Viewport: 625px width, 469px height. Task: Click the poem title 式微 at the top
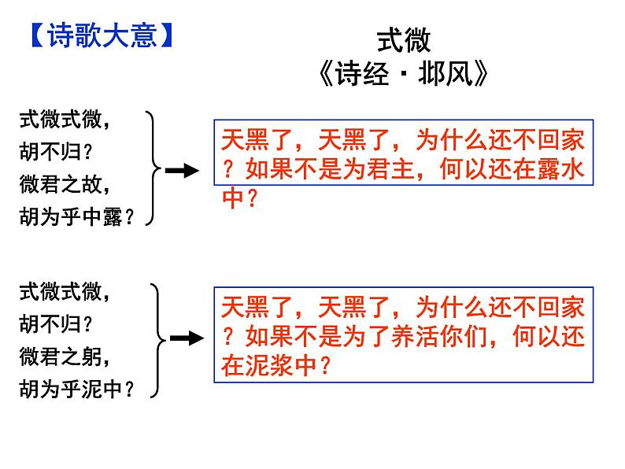[404, 41]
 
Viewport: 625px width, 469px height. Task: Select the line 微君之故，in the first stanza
[65, 186]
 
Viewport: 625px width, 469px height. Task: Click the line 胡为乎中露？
[76, 218]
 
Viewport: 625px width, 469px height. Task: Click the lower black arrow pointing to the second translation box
[186, 338]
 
